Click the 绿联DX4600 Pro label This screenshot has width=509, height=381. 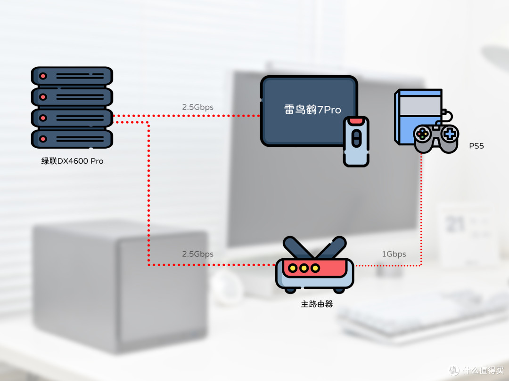[72, 161]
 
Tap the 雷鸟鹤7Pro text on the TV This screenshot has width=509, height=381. [312, 110]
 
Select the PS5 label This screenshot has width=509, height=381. [476, 146]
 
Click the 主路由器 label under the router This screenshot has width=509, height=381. [317, 304]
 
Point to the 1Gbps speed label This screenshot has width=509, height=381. [394, 254]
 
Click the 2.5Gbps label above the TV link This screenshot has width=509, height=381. [197, 107]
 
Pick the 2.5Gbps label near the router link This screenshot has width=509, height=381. [197, 254]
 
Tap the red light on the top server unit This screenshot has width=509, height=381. [43, 76]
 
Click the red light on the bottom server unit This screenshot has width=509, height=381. [43, 139]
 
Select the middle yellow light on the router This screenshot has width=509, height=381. [304, 268]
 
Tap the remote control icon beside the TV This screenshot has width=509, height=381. [356, 142]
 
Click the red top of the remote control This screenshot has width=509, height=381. [356, 121]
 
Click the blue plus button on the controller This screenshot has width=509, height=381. [450, 134]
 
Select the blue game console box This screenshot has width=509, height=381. [418, 117]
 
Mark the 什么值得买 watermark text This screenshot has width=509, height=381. [483, 370]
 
